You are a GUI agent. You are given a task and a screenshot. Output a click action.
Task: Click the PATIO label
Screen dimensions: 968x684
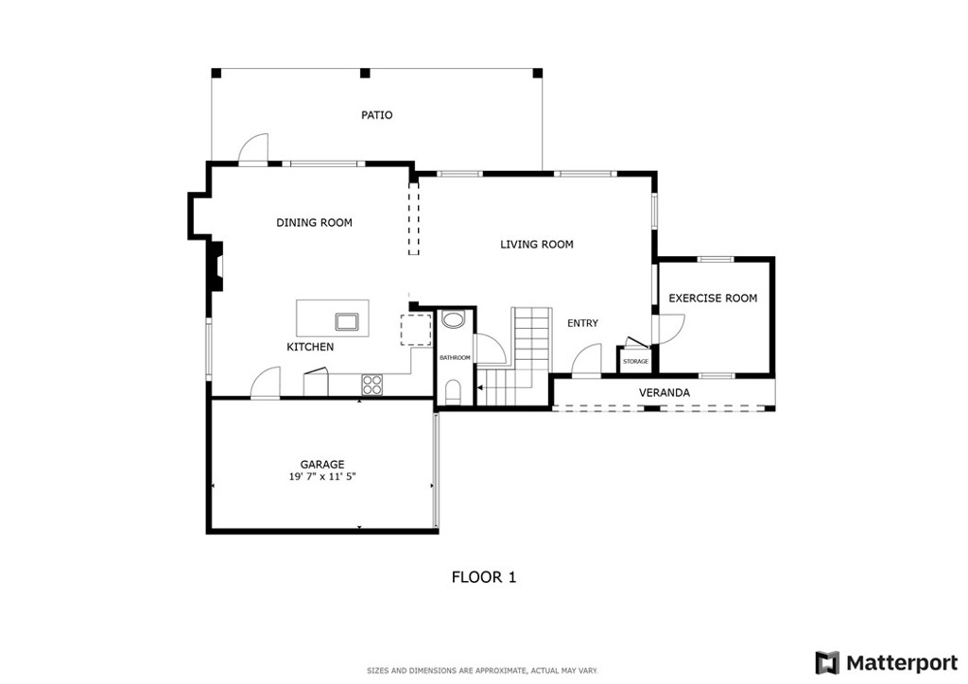click(376, 114)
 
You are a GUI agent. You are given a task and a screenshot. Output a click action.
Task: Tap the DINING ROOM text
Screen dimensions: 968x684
click(314, 223)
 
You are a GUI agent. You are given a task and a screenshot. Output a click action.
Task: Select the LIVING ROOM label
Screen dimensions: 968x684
click(537, 245)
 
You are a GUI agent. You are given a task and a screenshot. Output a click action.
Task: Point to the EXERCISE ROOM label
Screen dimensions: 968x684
click(713, 298)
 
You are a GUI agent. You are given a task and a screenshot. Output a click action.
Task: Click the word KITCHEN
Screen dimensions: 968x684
click(310, 348)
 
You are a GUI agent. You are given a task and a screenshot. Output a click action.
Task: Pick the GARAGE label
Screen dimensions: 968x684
click(322, 465)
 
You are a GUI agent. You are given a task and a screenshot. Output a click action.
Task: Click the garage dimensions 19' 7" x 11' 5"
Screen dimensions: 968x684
click(322, 477)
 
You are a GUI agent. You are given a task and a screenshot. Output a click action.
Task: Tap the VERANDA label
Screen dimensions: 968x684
click(665, 392)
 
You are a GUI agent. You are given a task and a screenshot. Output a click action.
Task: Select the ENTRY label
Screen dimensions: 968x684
click(582, 323)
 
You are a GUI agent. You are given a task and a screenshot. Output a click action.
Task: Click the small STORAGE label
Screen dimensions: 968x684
click(635, 362)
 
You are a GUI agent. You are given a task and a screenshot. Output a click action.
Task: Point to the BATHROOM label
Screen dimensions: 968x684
click(455, 358)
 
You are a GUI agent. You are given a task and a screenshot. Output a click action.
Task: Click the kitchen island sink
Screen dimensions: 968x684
click(346, 321)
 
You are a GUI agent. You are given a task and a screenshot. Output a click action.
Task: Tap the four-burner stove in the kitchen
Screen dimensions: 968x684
click(372, 385)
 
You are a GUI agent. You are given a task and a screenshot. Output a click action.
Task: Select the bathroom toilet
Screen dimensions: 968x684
click(453, 393)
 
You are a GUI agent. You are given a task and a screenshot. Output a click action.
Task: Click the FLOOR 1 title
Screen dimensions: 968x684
click(484, 577)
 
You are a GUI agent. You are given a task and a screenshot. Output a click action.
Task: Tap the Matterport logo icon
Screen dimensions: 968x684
click(827, 663)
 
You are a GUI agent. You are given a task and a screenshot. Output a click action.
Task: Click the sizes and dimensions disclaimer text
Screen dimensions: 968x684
click(483, 671)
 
